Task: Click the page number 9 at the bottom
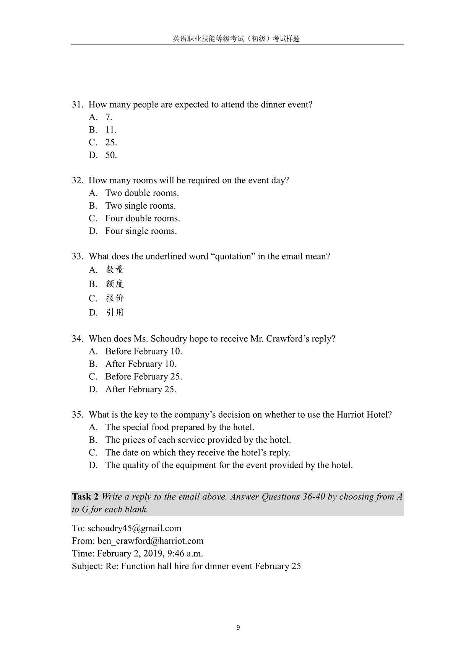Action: [x=238, y=627]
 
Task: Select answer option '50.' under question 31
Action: [x=111, y=155]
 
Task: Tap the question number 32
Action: [x=77, y=180]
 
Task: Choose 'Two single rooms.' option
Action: [x=140, y=206]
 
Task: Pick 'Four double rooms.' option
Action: [x=142, y=218]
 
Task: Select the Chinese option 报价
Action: [x=115, y=298]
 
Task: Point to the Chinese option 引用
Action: [x=115, y=312]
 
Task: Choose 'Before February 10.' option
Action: [x=143, y=351]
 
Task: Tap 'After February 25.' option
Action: [x=141, y=389]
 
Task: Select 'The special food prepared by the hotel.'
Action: [x=180, y=427]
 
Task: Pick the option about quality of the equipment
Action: [x=229, y=465]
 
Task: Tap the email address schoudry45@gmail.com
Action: [x=134, y=528]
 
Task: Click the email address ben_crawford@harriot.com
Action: [x=150, y=541]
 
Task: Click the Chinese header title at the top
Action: [x=236, y=39]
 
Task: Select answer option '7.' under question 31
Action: [x=109, y=117]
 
